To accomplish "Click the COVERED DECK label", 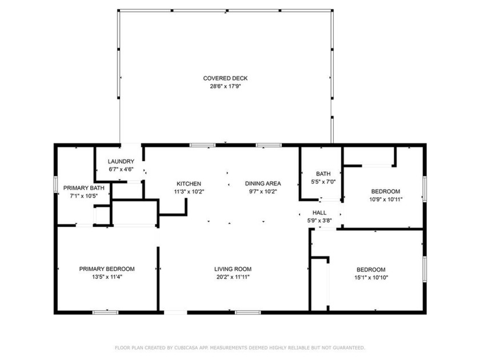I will click(225, 78).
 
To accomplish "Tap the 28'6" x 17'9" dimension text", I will click(225, 87).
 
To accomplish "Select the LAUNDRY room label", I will click(121, 161).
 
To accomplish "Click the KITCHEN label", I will click(188, 183).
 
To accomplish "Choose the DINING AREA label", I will click(263, 183).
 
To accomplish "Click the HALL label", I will click(319, 212).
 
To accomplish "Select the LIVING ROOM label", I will click(233, 269).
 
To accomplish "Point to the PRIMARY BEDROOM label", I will click(107, 269).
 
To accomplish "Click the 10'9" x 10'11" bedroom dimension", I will click(386, 200).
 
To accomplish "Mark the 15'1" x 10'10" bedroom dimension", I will click(371, 278).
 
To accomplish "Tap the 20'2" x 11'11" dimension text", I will click(233, 277).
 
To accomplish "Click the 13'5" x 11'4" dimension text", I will click(107, 277).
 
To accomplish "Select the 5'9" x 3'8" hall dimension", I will click(319, 220).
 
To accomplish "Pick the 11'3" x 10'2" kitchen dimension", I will click(188, 192).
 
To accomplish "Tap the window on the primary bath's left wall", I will click(55, 188).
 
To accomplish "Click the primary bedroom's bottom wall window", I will click(106, 313).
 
